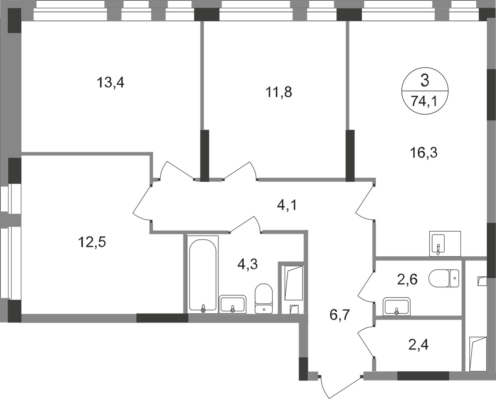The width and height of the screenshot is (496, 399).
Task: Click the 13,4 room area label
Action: (x=110, y=82)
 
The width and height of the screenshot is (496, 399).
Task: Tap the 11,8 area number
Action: (x=279, y=92)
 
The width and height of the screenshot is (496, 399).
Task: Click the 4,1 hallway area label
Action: (x=287, y=205)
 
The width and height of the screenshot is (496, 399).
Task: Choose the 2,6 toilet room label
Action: (x=407, y=279)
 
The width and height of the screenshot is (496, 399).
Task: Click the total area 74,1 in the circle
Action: (x=424, y=101)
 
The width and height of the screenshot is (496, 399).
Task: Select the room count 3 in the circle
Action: (x=425, y=81)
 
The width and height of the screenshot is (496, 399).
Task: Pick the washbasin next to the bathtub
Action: (x=232, y=304)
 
